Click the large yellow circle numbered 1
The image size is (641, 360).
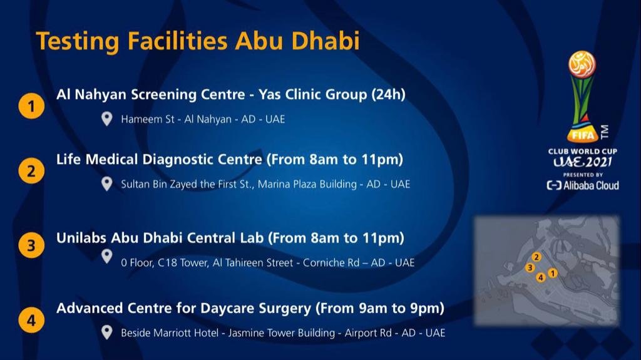(x=31, y=106)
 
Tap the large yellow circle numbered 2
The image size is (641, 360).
(x=31, y=171)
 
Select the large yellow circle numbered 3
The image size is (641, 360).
(x=31, y=245)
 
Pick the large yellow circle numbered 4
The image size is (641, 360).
(x=31, y=320)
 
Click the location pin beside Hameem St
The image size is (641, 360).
(x=106, y=119)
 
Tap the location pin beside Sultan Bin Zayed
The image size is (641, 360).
(x=106, y=184)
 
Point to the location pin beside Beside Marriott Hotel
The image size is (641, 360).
(x=106, y=332)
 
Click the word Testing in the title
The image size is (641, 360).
(x=78, y=42)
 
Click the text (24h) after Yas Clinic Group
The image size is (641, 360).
(x=388, y=95)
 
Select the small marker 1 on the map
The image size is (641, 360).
(x=553, y=273)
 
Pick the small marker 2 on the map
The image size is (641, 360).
(x=536, y=257)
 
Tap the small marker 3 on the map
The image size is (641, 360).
(x=530, y=267)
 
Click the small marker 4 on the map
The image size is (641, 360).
(x=540, y=277)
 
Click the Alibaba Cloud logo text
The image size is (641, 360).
(x=583, y=185)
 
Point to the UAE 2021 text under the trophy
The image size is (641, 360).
(x=583, y=162)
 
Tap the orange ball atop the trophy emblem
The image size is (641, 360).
(x=582, y=63)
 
